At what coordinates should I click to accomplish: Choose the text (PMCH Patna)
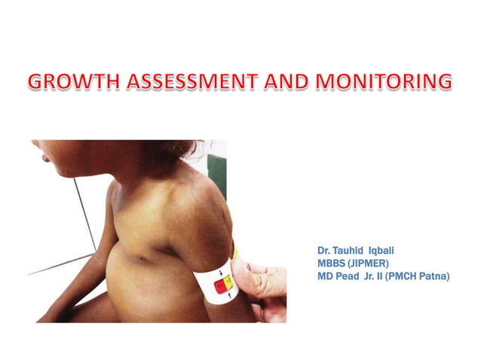[x=419, y=276]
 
